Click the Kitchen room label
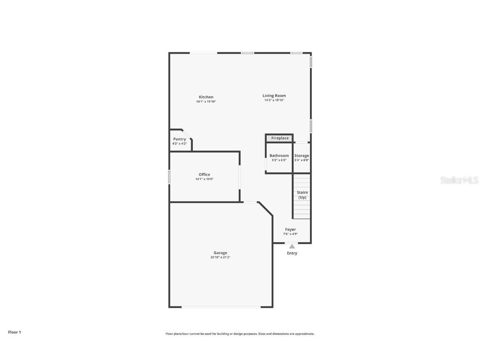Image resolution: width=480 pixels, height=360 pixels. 206,97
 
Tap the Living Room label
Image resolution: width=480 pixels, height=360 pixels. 274,95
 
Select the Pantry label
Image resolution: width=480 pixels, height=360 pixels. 180,139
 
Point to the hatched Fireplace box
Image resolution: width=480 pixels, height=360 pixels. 280,138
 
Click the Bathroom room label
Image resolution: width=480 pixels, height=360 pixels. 279,155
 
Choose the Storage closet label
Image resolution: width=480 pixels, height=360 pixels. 302,155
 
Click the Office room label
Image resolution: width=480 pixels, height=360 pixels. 204,175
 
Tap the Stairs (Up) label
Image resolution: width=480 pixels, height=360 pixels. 302,195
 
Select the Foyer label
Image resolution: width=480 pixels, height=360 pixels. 290,230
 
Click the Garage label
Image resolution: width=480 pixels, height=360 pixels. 220,252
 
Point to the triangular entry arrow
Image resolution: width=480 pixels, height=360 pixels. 292,247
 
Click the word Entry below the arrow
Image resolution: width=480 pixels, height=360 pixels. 292,253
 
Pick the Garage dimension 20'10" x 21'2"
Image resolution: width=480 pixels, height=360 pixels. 220,257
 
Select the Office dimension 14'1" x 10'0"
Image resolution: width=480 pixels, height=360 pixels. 204,179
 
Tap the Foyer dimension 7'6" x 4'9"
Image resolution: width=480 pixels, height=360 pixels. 290,234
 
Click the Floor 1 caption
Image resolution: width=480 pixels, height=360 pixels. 14,332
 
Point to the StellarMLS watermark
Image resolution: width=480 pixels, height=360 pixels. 459,180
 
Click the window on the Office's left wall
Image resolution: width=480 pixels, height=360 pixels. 169,177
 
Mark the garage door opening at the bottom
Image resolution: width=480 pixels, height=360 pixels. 221,307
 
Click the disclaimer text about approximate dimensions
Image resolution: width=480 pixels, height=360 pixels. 240,334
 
